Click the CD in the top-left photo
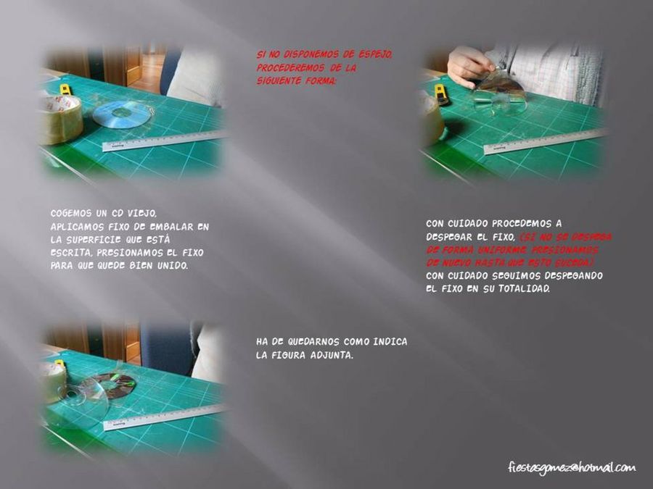pyautogui.click(x=122, y=114)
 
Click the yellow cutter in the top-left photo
pyautogui.click(x=66, y=90)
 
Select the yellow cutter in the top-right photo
pyautogui.click(x=441, y=94)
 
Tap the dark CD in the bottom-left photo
pyautogui.click(x=116, y=385)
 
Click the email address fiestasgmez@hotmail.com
pyautogui.click(x=571, y=467)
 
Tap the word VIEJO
pyautogui.click(x=142, y=214)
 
